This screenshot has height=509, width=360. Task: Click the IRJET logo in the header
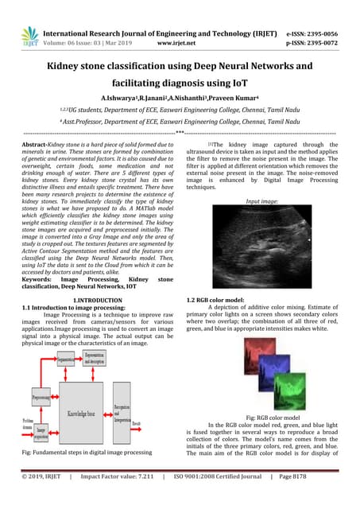click(30, 35)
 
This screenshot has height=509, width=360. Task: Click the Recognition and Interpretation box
click(122, 414)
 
